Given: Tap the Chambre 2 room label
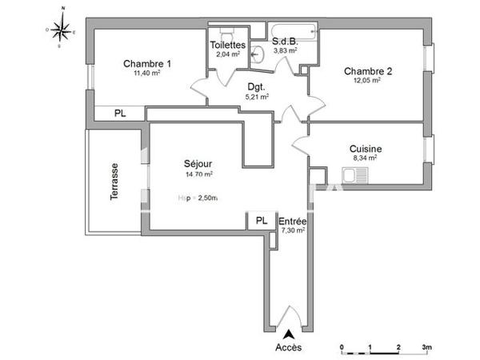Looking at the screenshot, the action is (x=367, y=70).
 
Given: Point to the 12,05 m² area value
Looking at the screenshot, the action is (x=367, y=79).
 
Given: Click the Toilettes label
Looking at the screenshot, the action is (x=228, y=46).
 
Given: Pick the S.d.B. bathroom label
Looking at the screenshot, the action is (x=286, y=41).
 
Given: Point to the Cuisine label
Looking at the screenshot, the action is (x=365, y=149).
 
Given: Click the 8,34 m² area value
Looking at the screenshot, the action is (x=365, y=158).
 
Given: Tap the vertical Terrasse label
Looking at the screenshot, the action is (x=114, y=181).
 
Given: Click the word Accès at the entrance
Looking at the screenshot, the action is (x=288, y=348).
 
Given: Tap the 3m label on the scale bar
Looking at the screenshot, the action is (x=427, y=346).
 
